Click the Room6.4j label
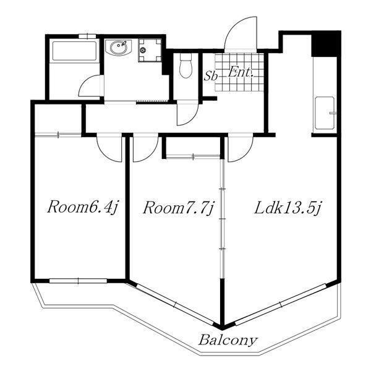[x=82, y=208]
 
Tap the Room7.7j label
[x=179, y=208]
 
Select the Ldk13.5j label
[x=288, y=208]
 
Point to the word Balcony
[x=228, y=341]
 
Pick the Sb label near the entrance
[x=211, y=77]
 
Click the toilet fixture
[x=185, y=66]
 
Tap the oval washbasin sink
[x=118, y=48]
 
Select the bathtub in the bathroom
[x=74, y=51]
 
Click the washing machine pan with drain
[x=150, y=51]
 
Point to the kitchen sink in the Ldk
[x=325, y=113]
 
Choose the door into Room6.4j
[x=109, y=148]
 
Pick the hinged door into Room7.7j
[x=145, y=148]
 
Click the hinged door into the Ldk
[x=241, y=148]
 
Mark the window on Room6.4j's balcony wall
[x=78, y=281]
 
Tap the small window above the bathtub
[x=87, y=36]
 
